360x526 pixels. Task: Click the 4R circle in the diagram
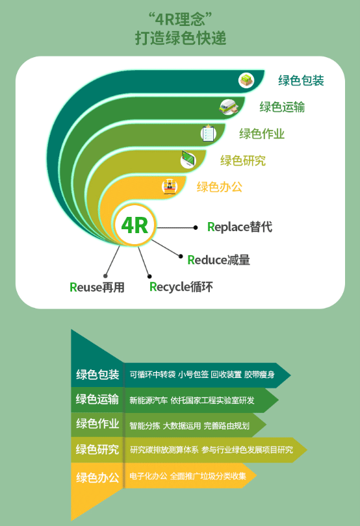[x=135, y=225]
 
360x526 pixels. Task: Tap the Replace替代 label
[x=240, y=227]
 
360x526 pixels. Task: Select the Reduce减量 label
[x=218, y=260]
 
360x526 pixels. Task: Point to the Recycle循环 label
[x=181, y=287]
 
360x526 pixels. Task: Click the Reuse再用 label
[x=97, y=287]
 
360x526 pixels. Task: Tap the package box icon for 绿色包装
[x=246, y=81]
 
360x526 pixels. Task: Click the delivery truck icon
[x=229, y=106]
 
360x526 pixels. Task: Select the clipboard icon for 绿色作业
[x=208, y=133]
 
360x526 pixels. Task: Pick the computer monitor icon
[x=188, y=159]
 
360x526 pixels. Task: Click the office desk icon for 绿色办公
[x=170, y=186]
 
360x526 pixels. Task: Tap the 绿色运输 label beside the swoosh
[x=282, y=107]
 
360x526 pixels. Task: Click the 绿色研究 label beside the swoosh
[x=243, y=160]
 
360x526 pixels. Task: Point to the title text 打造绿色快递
[x=181, y=38]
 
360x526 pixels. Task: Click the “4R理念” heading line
[x=181, y=19]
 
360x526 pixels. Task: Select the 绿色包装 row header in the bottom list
[x=97, y=375]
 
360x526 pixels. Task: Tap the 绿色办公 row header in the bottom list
[x=97, y=477]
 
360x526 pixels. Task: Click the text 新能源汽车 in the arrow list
[x=148, y=400]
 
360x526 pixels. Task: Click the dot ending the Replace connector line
[x=196, y=227]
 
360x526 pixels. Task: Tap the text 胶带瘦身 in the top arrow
[x=259, y=375]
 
